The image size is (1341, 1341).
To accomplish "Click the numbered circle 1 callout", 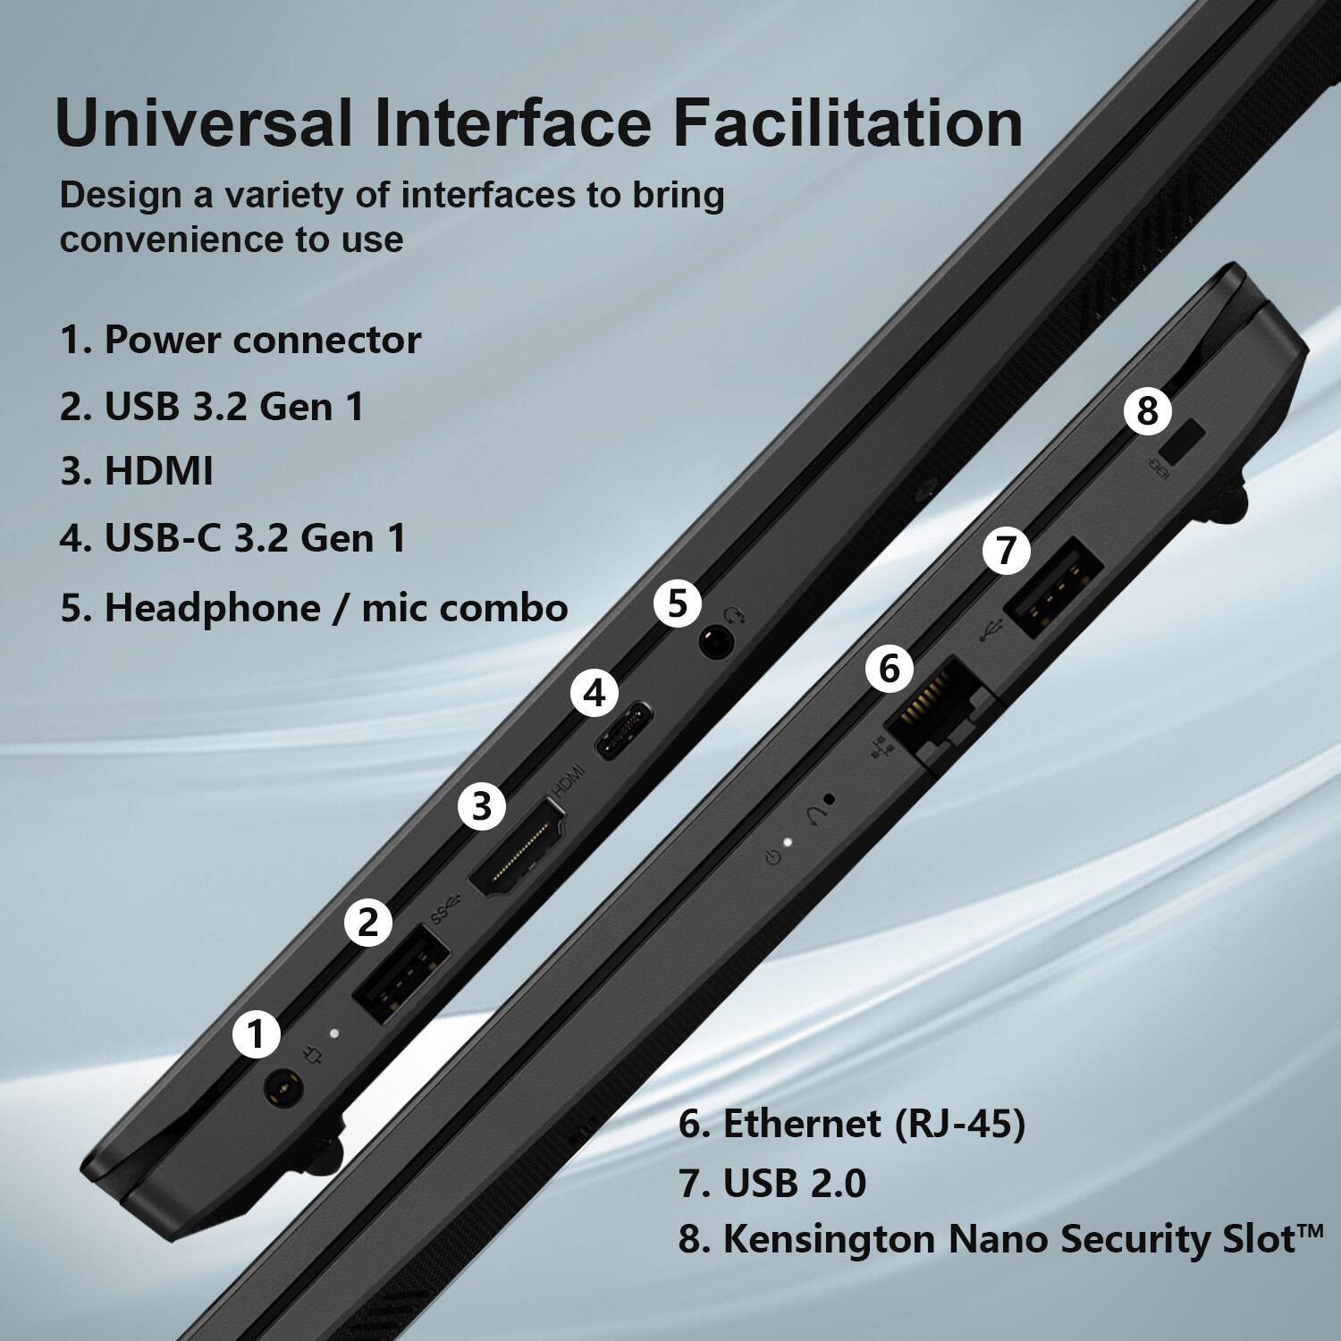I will [x=257, y=1034].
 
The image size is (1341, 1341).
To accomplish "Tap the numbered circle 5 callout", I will [x=678, y=603].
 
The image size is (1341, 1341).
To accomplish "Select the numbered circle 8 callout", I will [x=1147, y=411].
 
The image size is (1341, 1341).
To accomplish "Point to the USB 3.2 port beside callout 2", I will [x=401, y=974].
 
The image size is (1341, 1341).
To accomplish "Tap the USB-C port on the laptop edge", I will [x=624, y=731].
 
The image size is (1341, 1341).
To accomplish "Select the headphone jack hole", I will [x=715, y=642].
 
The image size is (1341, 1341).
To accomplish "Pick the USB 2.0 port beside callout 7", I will [x=1053, y=590].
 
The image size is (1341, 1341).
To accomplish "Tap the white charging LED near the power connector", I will [x=334, y=1033].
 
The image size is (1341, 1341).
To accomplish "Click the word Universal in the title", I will [x=203, y=122].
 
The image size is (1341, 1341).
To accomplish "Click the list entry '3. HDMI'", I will [x=137, y=471].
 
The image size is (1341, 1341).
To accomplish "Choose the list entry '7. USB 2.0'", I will [x=772, y=1183].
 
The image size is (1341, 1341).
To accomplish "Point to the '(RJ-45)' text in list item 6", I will [x=959, y=1124].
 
